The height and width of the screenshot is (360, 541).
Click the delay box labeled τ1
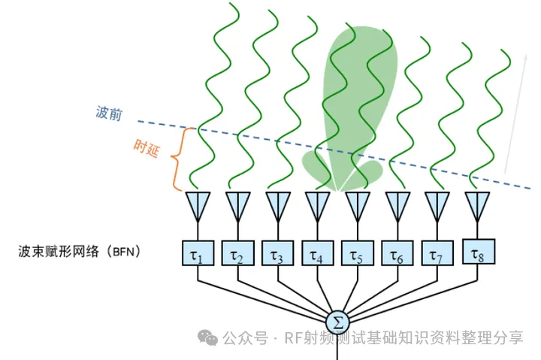tap(198, 253)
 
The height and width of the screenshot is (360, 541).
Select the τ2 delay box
tap(237, 253)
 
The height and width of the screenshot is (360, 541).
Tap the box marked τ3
tap(278, 253)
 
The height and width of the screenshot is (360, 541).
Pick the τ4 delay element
tap(317, 253)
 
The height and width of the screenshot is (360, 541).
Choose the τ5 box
tap(358, 253)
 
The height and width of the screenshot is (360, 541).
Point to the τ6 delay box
tap(397, 253)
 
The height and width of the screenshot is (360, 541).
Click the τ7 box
tap(437, 253)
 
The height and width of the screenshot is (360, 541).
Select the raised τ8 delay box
tap(479, 252)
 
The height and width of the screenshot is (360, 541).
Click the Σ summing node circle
tap(337, 322)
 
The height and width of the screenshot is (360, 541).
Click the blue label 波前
tap(109, 113)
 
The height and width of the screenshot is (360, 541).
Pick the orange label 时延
tap(147, 148)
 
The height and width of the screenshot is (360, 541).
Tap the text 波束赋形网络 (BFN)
tap(79, 251)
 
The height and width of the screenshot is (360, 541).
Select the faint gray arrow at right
tap(515, 114)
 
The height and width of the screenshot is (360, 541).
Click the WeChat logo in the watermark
tap(207, 337)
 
